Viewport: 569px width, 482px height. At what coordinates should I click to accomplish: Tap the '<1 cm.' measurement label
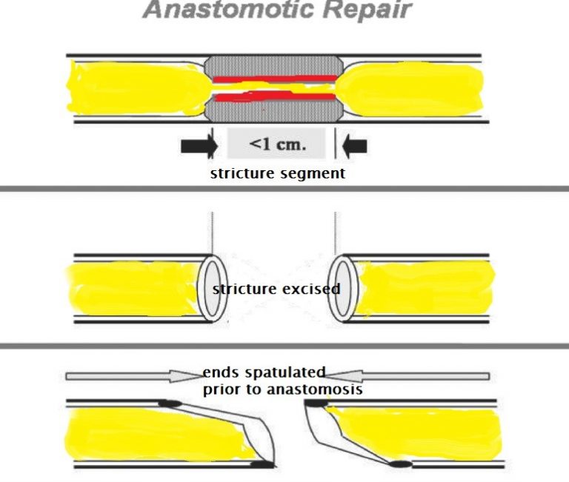click(276, 144)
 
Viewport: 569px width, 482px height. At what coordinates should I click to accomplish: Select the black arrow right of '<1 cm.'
click(354, 146)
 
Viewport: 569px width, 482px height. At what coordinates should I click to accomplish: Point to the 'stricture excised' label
click(276, 289)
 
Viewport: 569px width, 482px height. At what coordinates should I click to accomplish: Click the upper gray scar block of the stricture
click(275, 64)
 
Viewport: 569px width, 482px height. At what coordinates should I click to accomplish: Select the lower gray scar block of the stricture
click(275, 111)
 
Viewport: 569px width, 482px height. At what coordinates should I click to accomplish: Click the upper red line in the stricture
click(274, 78)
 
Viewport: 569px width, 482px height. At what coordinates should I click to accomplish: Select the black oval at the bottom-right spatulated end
click(401, 464)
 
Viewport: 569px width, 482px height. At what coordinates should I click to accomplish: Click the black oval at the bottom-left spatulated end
click(261, 464)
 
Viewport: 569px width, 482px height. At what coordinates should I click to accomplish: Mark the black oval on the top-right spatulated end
click(317, 404)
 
